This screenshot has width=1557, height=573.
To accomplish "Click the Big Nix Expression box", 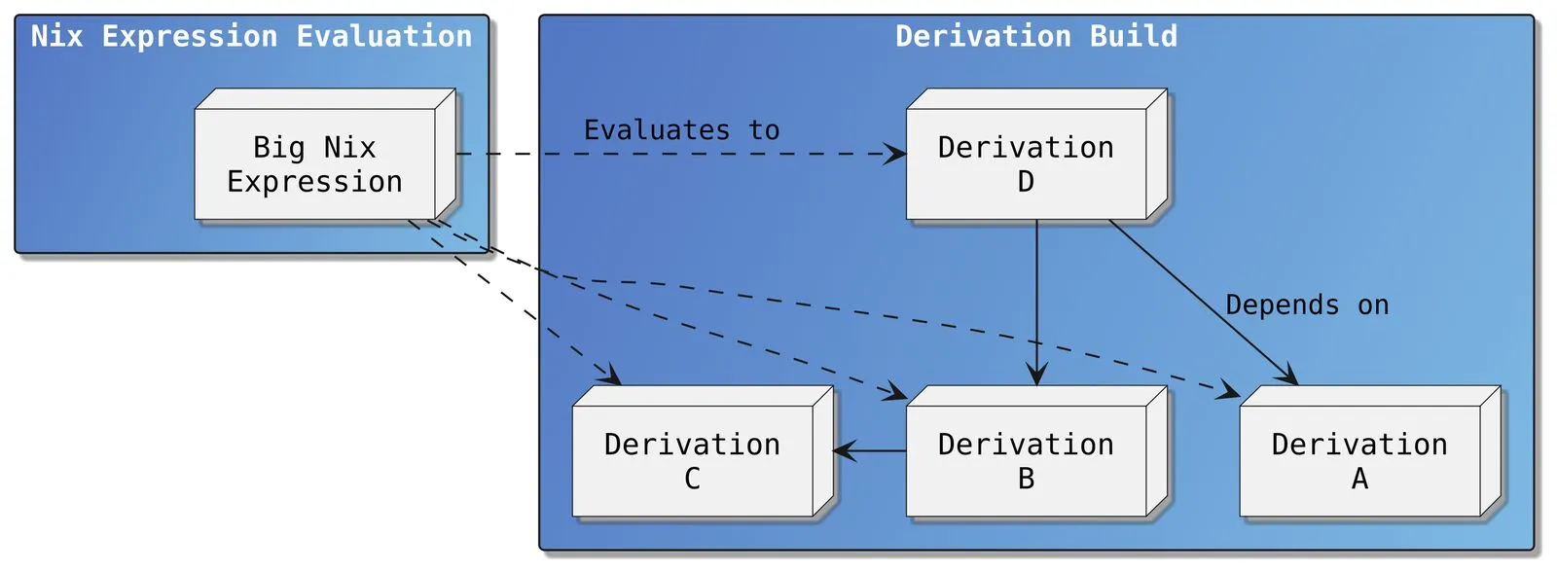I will tap(314, 163).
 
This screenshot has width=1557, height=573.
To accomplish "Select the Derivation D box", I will tap(1026, 163).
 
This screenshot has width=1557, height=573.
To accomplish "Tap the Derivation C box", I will tap(692, 460).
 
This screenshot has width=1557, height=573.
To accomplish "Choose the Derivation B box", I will tap(1026, 460).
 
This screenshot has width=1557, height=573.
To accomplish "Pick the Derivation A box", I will tap(1359, 460).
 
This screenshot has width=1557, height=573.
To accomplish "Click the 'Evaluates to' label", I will tap(681, 130).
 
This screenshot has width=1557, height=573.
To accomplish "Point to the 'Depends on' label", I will tap(1306, 305).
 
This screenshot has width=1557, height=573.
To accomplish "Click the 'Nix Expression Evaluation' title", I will tap(251, 37).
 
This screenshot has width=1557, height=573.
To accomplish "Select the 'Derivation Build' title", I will tap(1035, 37).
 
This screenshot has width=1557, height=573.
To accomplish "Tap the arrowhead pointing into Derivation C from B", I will tap(844, 450).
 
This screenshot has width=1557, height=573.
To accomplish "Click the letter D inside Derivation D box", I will tap(1026, 182).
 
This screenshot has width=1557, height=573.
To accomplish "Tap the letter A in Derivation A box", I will tap(1359, 479).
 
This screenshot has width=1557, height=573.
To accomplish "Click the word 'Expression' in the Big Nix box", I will tap(314, 182).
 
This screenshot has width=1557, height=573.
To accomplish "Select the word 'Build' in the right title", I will tap(1133, 37).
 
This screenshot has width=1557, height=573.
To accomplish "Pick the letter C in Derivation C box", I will tap(692, 479).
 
